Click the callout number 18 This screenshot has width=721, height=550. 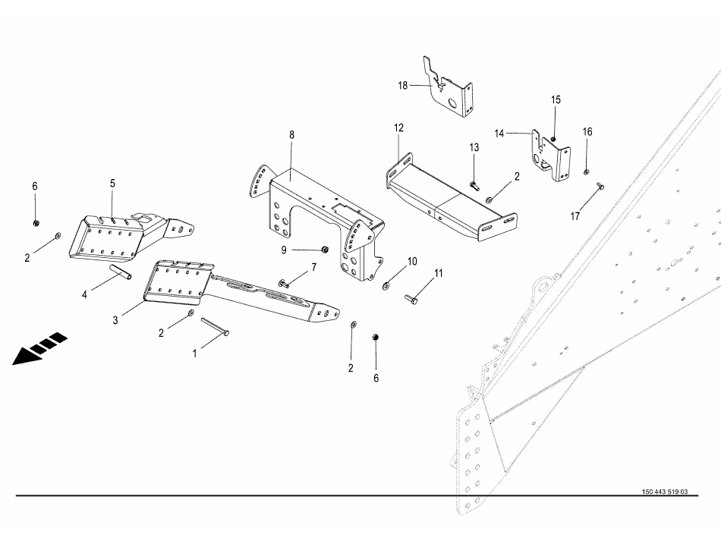[403, 86]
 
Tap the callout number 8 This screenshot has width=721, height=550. [291, 135]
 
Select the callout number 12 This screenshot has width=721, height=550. [398, 127]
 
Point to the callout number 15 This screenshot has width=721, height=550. [556, 99]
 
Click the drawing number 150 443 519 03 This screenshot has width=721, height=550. [665, 492]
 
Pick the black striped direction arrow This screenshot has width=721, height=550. [39, 348]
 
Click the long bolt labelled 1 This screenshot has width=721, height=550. [215, 326]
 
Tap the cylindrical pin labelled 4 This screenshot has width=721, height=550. [121, 271]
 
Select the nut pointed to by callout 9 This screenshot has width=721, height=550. [324, 250]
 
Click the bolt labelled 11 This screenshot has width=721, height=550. [411, 299]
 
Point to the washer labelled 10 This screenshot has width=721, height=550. [386, 287]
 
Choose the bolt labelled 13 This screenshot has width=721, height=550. [474, 186]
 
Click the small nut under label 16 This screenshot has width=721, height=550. [587, 172]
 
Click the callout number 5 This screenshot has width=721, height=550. [112, 184]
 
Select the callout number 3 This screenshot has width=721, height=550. [115, 320]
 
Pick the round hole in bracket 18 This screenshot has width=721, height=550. [453, 102]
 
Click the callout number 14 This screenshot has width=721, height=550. [499, 134]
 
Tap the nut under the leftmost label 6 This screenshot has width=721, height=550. [36, 223]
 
